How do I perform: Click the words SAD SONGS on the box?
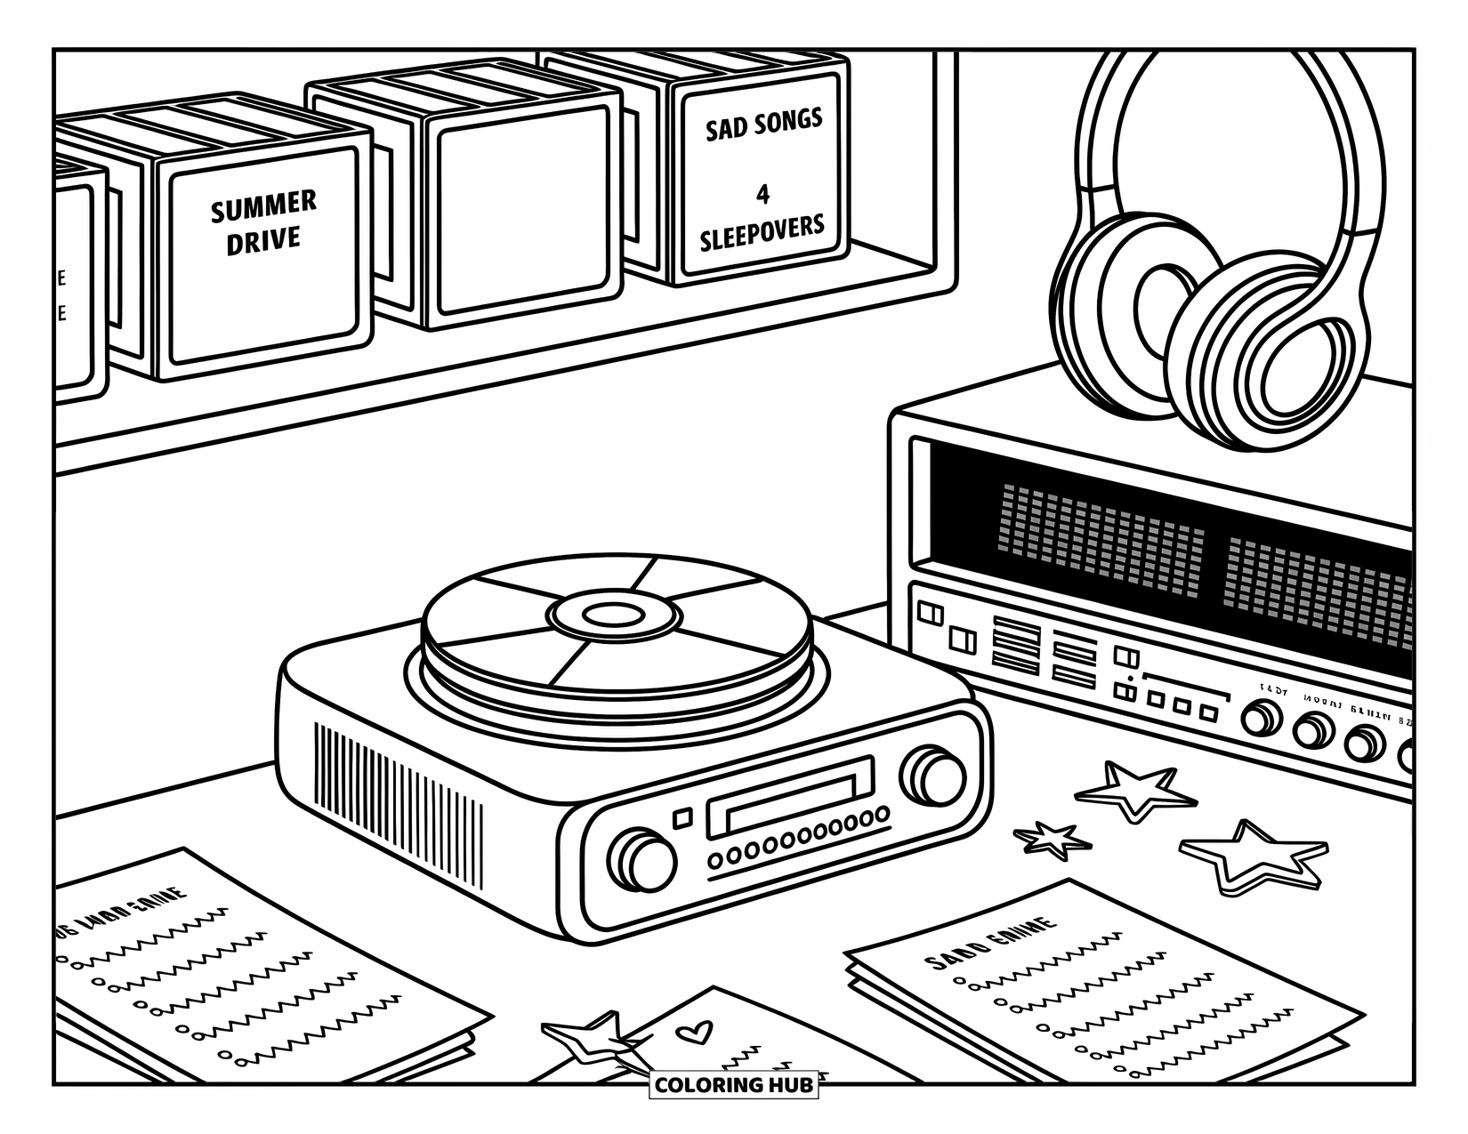(x=763, y=125)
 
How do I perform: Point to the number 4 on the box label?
(x=762, y=194)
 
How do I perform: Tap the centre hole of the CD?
(x=615, y=615)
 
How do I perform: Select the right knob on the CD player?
(x=934, y=777)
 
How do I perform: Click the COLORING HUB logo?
(x=733, y=1085)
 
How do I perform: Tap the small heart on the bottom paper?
(x=693, y=1033)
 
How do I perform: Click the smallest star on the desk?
(x=1053, y=839)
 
